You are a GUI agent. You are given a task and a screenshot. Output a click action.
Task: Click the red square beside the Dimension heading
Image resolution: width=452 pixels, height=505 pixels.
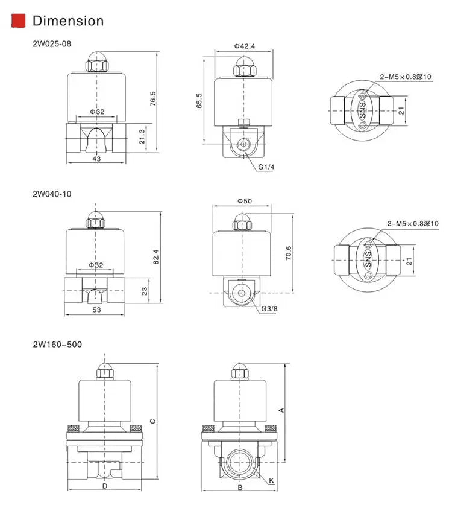tap(19, 21)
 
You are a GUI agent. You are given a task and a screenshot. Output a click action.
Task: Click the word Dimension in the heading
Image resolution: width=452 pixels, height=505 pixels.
tap(68, 21)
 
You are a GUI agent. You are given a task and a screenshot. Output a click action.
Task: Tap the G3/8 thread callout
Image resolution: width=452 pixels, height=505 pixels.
tap(269, 309)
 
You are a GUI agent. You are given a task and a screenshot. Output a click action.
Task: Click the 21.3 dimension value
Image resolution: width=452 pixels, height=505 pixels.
tap(142, 137)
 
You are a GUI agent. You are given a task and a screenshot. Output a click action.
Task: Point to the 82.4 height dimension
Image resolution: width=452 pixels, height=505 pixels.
tap(156, 256)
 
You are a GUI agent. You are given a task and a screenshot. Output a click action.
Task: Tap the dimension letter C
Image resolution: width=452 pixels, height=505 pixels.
tap(153, 421)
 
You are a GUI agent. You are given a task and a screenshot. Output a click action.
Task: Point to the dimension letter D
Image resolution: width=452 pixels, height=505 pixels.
tap(105, 486)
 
